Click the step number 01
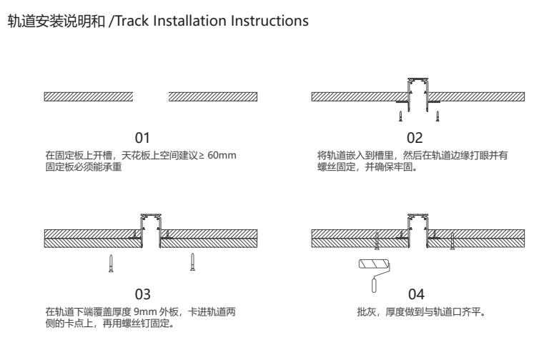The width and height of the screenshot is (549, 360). (x=143, y=136)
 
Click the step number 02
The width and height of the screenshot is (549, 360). (x=415, y=136)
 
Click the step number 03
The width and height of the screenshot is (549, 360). (x=143, y=294)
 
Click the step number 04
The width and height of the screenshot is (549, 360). (x=417, y=294)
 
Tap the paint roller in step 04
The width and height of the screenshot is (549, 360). (x=372, y=272)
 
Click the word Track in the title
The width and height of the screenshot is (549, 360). (x=134, y=22)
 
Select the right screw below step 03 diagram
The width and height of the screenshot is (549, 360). (x=192, y=262)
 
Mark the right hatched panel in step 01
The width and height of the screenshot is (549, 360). (x=213, y=96)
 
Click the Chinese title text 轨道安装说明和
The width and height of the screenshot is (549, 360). (x=55, y=22)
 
